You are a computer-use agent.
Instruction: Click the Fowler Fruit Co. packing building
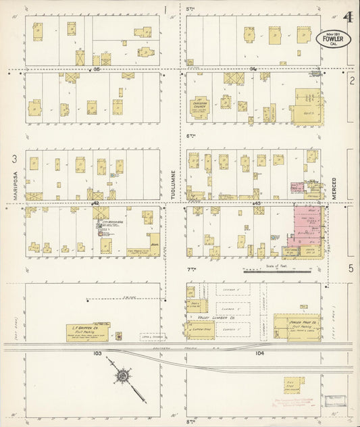tap(297, 325)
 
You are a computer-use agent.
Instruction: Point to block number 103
tap(97, 353)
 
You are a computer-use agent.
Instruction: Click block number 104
tap(260, 353)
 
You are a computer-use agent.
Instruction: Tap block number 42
tap(97, 203)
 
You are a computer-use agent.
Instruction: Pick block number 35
tap(97, 69)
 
